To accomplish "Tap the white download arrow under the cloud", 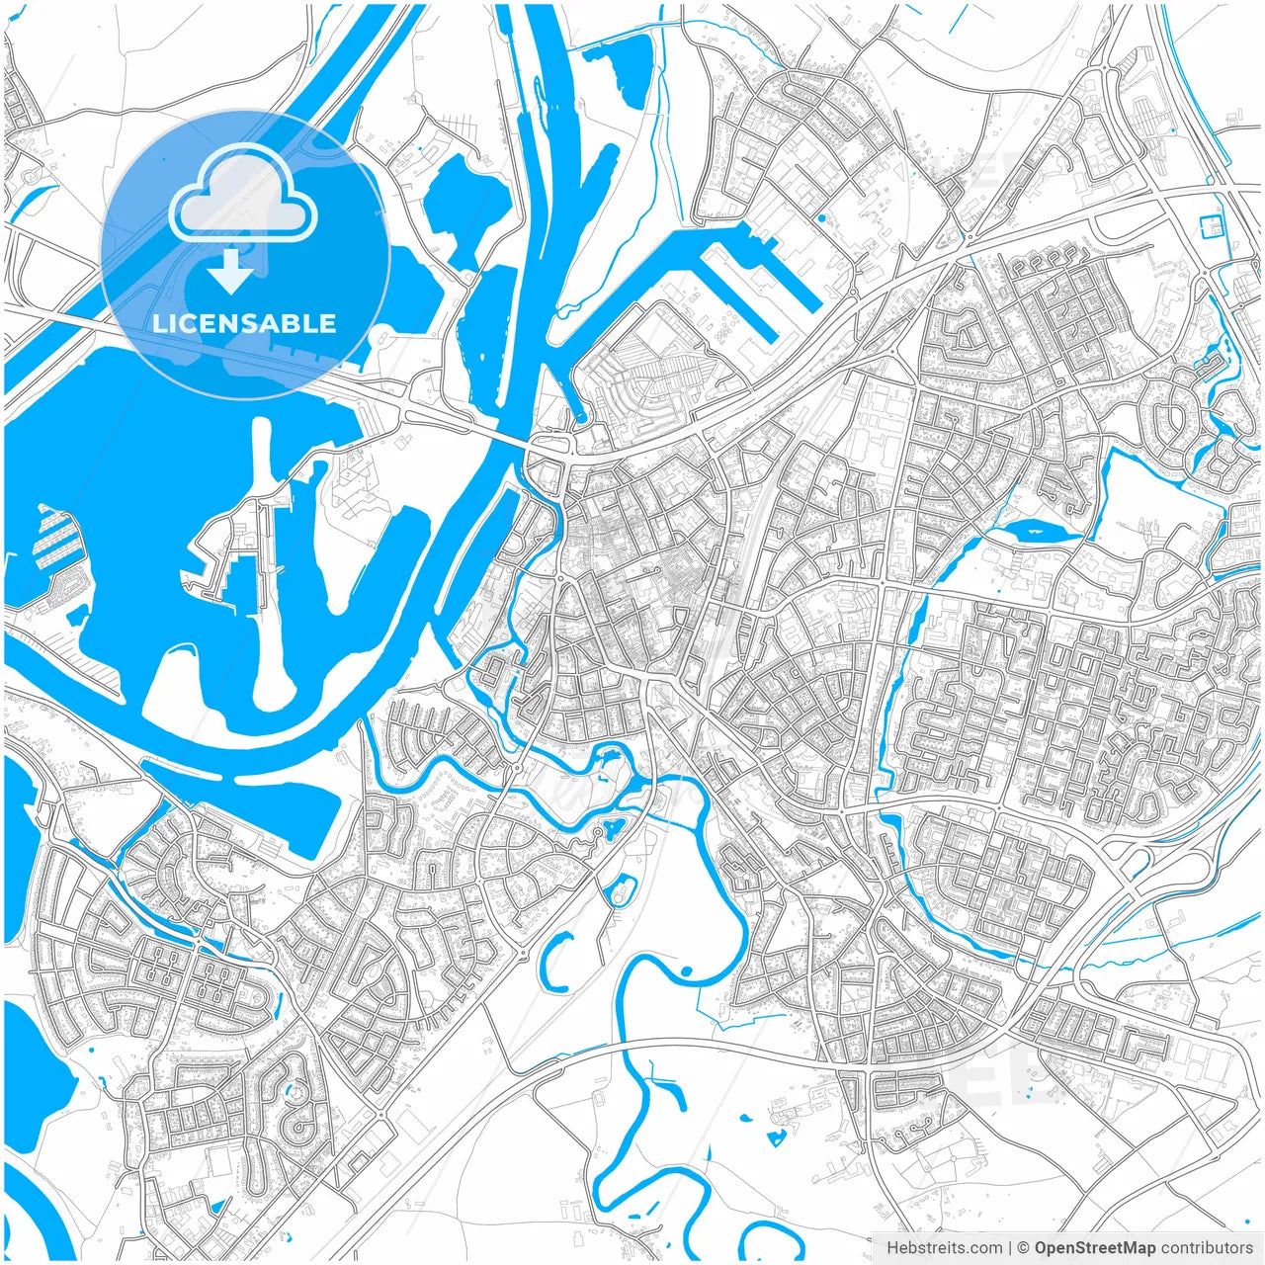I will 230,271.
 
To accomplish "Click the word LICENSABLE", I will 244,323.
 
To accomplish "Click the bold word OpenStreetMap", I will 1095,1248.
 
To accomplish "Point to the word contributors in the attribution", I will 1207,1248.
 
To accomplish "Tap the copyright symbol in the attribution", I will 1024,1248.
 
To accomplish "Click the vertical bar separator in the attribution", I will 1010,1248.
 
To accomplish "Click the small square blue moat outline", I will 1211,226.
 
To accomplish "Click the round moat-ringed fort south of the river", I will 623,889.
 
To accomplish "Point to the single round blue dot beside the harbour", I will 820,217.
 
